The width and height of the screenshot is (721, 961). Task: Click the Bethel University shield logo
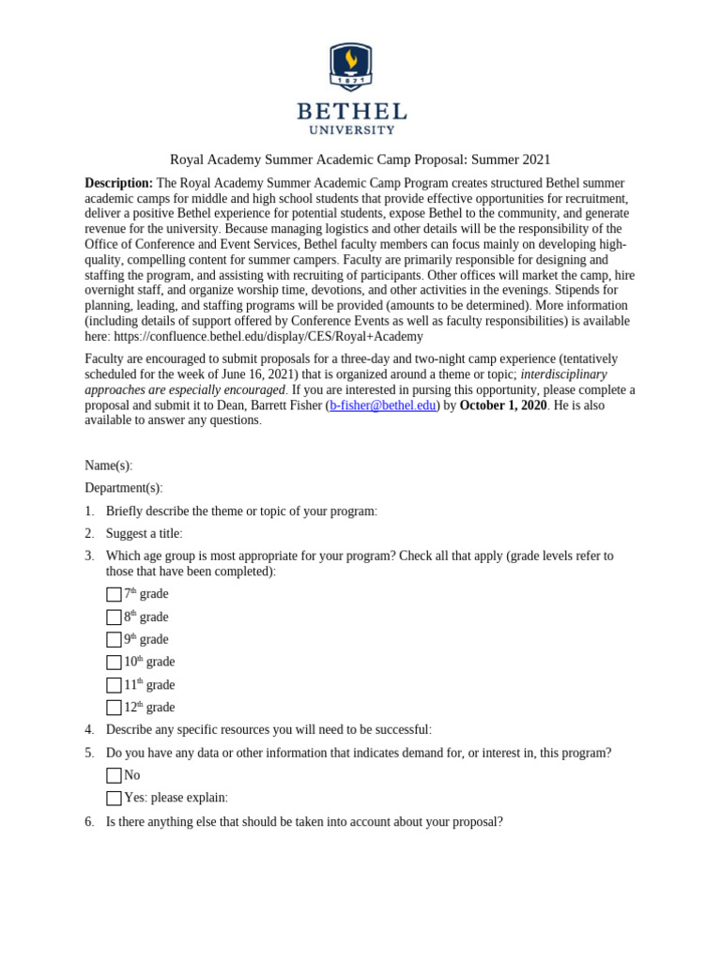pos(351,66)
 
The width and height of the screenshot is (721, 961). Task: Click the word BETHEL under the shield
pos(352,112)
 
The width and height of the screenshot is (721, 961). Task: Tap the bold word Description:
pos(118,183)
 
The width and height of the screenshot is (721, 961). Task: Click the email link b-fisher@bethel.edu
pos(383,405)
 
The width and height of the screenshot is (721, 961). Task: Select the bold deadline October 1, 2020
pos(502,405)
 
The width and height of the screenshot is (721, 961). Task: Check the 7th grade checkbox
pos(114,594)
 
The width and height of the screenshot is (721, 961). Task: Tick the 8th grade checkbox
pos(114,618)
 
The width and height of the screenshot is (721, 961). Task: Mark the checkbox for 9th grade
pos(114,640)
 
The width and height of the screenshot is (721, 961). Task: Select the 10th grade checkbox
pos(114,663)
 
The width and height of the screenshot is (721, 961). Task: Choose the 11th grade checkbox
pos(114,685)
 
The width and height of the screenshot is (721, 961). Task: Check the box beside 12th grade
pos(114,708)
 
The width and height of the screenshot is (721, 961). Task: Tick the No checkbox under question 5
pos(114,776)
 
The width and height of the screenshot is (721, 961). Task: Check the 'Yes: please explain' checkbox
pos(114,799)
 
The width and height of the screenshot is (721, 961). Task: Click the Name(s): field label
pos(109,465)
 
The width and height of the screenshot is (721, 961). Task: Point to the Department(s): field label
pos(123,488)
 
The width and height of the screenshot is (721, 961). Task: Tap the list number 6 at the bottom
pos(89,821)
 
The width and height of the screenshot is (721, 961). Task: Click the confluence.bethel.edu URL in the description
pos(268,336)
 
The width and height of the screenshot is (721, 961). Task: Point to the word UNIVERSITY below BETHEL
pos(352,130)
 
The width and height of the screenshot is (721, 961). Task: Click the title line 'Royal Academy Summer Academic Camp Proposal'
pos(360,160)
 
